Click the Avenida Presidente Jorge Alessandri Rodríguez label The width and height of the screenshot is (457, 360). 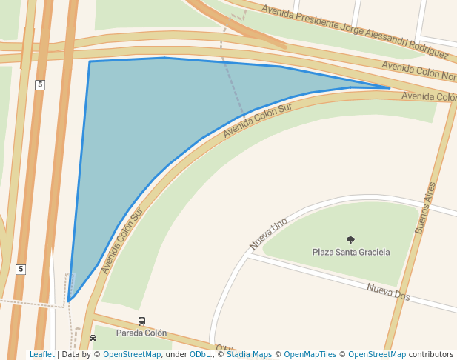coord(349,29)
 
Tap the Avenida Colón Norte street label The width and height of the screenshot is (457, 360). coord(419,71)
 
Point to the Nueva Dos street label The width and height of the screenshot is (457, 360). coord(388,291)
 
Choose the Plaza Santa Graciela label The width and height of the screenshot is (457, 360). coord(350,253)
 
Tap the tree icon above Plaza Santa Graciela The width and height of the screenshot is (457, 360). coord(350,240)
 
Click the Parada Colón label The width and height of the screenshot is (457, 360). coord(141,333)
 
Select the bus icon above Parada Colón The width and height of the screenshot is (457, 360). coord(141,321)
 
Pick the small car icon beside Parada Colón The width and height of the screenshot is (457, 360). coord(93,338)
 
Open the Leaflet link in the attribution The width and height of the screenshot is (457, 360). coord(41,355)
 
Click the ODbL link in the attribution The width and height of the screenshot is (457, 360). coord(200,355)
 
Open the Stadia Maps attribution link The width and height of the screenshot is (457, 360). coord(249,355)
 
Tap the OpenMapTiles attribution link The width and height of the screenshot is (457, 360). coord(310,355)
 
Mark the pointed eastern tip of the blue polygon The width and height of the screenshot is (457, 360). coord(390,88)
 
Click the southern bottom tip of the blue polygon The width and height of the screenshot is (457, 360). coord(69,301)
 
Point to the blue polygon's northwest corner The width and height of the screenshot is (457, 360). coord(90,61)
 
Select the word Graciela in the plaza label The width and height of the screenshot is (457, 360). coord(373,253)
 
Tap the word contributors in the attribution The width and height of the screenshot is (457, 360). coord(430,355)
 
